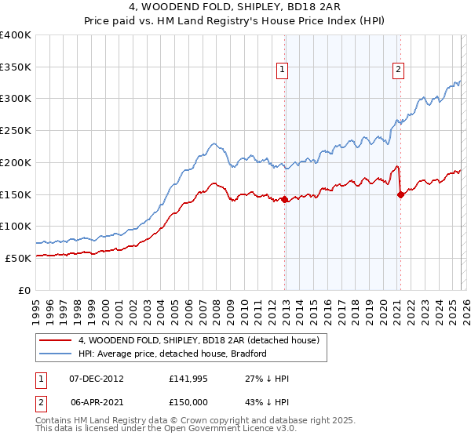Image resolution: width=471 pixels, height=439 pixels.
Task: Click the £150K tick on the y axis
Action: tap(16, 194)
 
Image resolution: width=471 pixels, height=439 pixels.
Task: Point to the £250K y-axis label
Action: tap(16, 131)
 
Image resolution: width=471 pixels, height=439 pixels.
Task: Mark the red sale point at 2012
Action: tap(284, 200)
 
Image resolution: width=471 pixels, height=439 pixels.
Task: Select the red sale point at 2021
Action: tap(400, 195)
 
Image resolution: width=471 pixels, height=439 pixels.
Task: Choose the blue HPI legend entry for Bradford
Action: tap(173, 354)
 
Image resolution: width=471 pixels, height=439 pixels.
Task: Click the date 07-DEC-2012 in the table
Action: tap(97, 379)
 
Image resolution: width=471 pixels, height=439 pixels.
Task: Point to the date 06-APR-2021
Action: tap(97, 401)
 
